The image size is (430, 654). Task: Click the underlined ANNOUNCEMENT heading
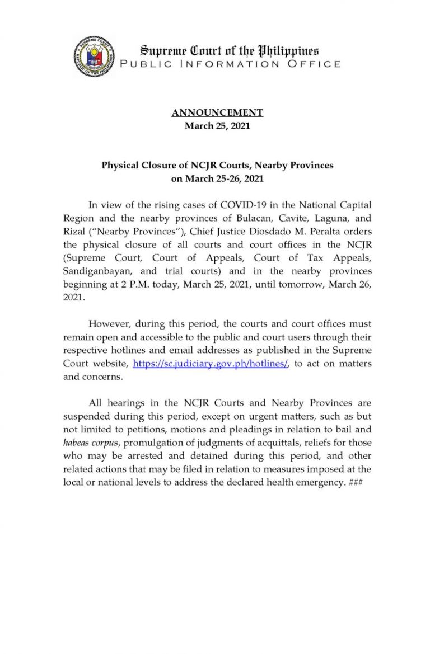[217, 113]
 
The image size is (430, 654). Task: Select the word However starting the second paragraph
[110, 323]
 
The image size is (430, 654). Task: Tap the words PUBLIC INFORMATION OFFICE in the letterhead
[231, 64]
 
